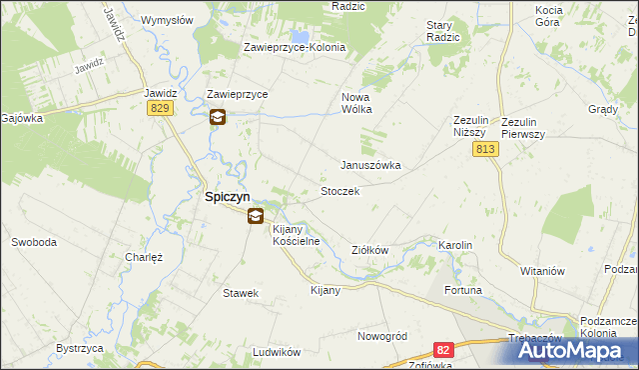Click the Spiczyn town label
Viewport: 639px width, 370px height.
click(x=227, y=198)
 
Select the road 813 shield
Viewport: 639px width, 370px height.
click(x=485, y=149)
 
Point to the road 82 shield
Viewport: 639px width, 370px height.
click(x=443, y=349)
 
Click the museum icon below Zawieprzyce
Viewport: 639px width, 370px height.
click(x=218, y=117)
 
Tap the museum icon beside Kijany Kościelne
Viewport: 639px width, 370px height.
click(x=256, y=215)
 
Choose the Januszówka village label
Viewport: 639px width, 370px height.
click(x=370, y=166)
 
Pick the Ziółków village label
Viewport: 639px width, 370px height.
click(x=369, y=250)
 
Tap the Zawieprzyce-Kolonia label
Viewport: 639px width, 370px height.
click(x=295, y=47)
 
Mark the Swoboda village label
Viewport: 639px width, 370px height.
click(x=33, y=242)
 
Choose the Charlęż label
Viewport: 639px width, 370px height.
click(x=144, y=256)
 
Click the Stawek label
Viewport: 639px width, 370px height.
click(x=241, y=293)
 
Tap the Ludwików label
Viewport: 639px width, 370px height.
click(x=277, y=352)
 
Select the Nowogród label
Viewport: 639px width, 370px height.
click(x=382, y=336)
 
